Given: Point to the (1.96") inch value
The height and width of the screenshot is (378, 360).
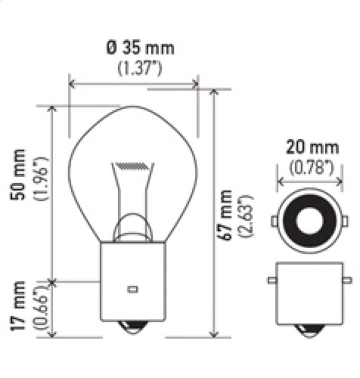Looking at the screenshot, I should pos(42,178).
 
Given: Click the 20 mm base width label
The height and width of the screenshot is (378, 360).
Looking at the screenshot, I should pos(312,148).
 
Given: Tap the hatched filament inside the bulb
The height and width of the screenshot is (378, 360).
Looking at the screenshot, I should pos(132,165).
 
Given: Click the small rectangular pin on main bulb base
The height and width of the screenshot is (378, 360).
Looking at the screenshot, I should pos(133,289).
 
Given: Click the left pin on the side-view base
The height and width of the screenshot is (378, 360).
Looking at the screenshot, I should pos(271,280).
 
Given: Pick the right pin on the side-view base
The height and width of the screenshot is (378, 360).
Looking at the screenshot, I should pos(347,280).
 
